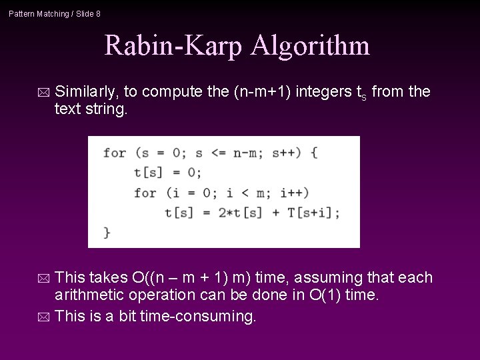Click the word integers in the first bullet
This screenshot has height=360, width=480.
[x=324, y=91]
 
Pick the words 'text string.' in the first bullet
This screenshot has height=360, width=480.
[x=91, y=109]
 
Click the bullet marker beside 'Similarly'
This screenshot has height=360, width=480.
[x=43, y=91]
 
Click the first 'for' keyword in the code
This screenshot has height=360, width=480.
[x=115, y=153]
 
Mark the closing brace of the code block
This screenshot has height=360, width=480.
[x=107, y=232]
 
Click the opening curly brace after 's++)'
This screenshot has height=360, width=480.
[x=313, y=153]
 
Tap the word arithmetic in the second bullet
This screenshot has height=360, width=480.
[x=91, y=296]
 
